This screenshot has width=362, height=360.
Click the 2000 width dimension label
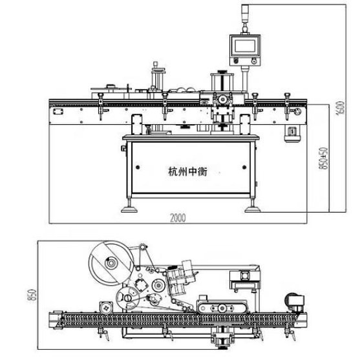[178, 218]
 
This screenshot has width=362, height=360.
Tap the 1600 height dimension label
[341, 108]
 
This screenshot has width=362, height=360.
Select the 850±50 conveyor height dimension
[323, 158]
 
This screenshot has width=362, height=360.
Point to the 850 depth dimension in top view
[32, 295]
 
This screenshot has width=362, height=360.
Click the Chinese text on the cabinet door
[187, 171]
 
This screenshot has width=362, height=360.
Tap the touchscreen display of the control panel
[245, 46]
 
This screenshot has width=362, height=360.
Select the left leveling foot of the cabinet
[129, 207]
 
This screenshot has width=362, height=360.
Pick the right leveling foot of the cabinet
[253, 207]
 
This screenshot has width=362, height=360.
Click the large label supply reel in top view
[111, 263]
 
